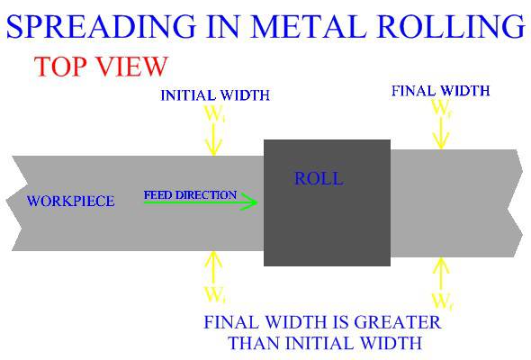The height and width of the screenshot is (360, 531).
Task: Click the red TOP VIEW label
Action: click(100, 67)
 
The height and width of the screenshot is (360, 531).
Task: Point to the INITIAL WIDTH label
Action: click(215, 95)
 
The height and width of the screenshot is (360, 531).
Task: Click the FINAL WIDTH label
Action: click(441, 90)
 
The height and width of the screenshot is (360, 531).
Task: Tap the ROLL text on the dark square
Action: click(319, 178)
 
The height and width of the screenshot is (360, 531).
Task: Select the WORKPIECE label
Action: click(71, 201)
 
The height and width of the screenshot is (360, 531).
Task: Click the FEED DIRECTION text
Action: click(190, 194)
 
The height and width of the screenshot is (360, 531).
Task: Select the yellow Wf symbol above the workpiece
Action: click(441, 108)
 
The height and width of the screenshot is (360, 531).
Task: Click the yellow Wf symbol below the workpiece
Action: click(441, 300)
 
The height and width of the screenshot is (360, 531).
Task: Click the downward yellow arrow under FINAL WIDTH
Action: click(441, 133)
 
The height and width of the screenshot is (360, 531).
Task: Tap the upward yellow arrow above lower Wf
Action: click(441, 272)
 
